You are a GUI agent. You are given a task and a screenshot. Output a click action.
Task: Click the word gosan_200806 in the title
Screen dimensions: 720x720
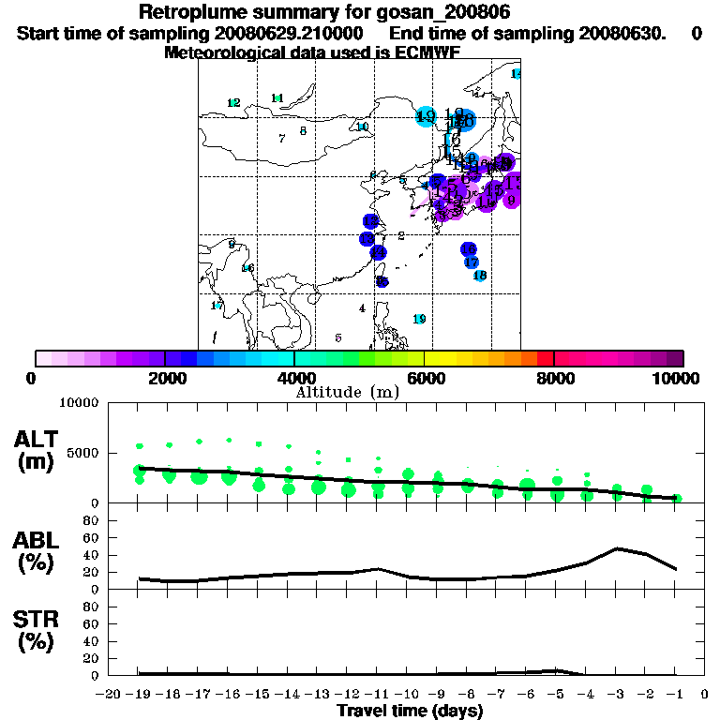tap(446, 12)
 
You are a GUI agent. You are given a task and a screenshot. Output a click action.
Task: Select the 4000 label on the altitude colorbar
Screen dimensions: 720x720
tap(293, 378)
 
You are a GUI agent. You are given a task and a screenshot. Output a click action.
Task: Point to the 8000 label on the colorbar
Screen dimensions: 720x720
tap(554, 378)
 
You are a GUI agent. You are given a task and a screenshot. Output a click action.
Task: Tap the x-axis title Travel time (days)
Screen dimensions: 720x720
tap(410, 711)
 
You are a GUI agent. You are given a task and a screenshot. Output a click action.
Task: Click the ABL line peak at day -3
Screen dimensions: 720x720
tap(617, 548)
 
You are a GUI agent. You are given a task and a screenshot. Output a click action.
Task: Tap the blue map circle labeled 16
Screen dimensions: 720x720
tap(469, 248)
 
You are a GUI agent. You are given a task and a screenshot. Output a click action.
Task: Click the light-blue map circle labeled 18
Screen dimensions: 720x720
tap(479, 276)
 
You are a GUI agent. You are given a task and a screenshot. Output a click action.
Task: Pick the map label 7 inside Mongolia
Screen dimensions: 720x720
tap(281, 139)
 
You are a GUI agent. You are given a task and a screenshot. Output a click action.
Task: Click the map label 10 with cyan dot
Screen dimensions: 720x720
tap(363, 127)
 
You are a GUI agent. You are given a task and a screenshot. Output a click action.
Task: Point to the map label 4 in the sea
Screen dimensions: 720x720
tap(362, 308)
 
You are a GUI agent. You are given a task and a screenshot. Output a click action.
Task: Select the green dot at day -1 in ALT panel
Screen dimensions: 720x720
tap(677, 499)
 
